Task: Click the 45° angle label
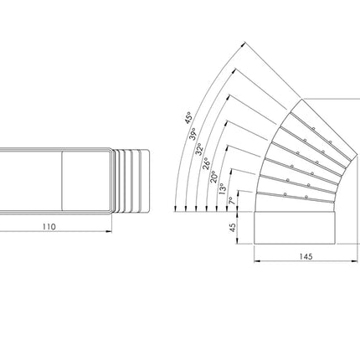click(x=188, y=118)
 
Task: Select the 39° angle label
click(x=193, y=134)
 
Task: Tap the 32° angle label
click(x=199, y=149)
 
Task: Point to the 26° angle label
click(x=206, y=163)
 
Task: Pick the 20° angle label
click(x=213, y=177)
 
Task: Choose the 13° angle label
click(x=223, y=189)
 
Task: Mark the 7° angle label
click(x=231, y=201)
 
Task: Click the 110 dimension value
click(x=49, y=227)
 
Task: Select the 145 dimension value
click(x=306, y=256)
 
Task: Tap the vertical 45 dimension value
click(x=232, y=228)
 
